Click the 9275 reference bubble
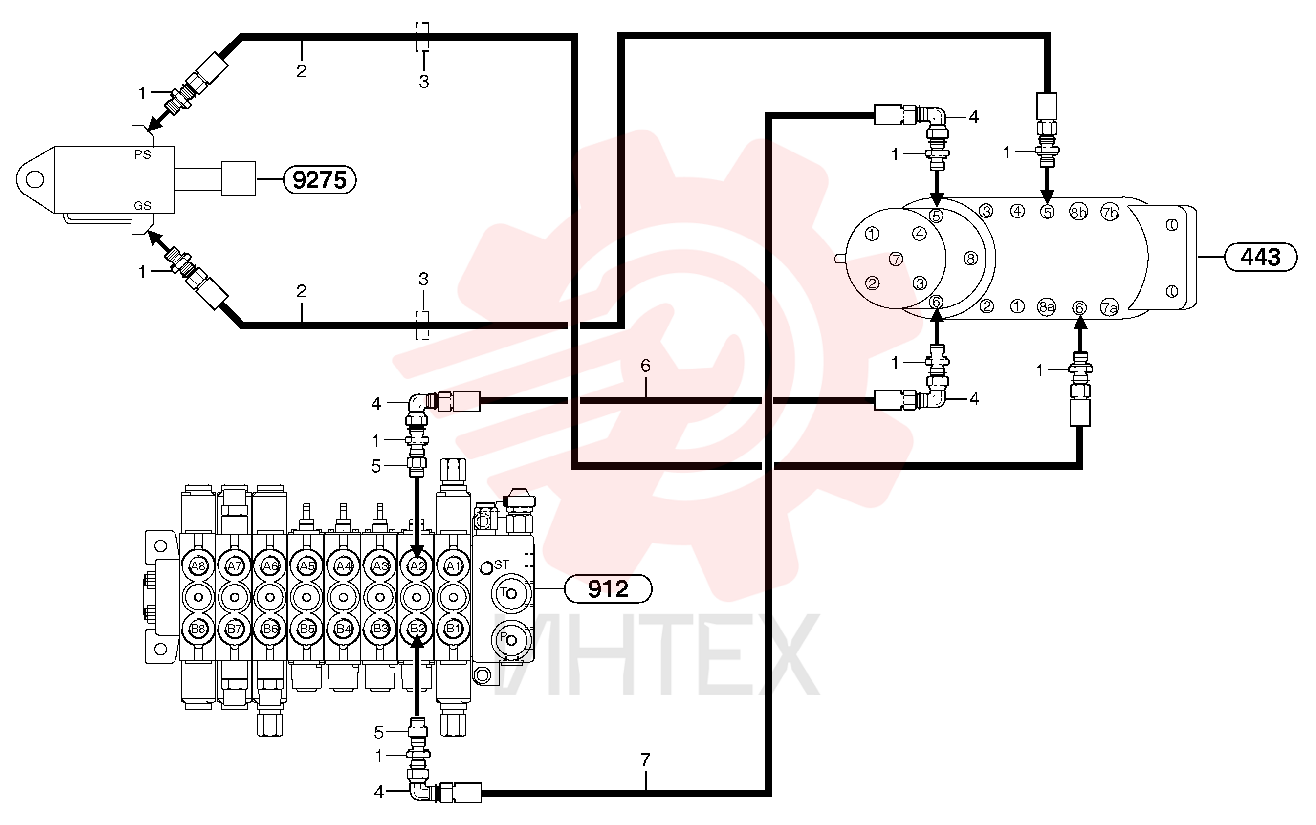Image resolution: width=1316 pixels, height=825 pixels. click(320, 179)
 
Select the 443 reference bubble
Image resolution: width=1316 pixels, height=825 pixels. click(1260, 257)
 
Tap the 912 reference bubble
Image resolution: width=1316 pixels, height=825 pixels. click(608, 589)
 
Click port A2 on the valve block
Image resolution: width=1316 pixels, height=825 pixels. click(417, 566)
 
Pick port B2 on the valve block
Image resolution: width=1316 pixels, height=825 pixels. click(417, 629)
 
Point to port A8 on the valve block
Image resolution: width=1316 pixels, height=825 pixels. click(198, 566)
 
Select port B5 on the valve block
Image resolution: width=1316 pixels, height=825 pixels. click(307, 629)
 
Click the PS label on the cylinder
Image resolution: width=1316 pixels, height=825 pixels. click(142, 155)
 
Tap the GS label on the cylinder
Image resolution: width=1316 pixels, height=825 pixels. click(142, 206)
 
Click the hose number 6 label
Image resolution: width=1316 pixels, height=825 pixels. click(645, 366)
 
